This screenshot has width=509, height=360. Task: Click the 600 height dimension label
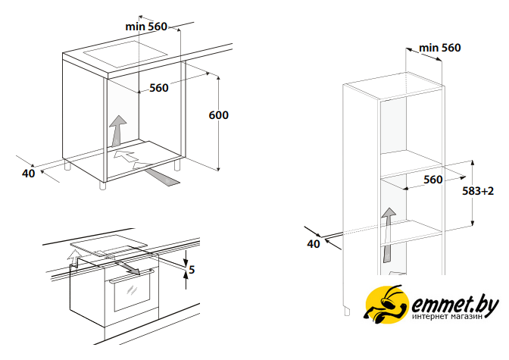click(218, 115)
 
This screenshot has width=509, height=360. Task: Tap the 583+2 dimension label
click(478, 191)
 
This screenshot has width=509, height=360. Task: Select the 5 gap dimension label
click(192, 269)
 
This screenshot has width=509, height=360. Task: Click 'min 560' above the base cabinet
click(146, 27)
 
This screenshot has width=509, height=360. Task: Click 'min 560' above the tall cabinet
click(440, 48)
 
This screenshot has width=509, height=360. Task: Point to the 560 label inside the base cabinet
click(159, 88)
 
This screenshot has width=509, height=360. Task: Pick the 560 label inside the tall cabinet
click(433, 180)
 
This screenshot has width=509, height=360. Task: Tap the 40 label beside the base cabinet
click(28, 174)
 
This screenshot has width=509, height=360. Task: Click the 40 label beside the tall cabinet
click(314, 244)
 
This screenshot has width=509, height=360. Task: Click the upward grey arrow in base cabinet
click(117, 130)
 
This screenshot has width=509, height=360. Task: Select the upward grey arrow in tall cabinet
click(388, 235)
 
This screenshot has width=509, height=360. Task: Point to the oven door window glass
click(132, 294)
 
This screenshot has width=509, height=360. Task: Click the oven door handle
click(131, 275)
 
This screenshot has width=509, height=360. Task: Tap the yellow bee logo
click(386, 305)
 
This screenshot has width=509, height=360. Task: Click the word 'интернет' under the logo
click(429, 317)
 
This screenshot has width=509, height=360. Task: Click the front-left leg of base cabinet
click(102, 186)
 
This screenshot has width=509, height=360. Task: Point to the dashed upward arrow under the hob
click(73, 258)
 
